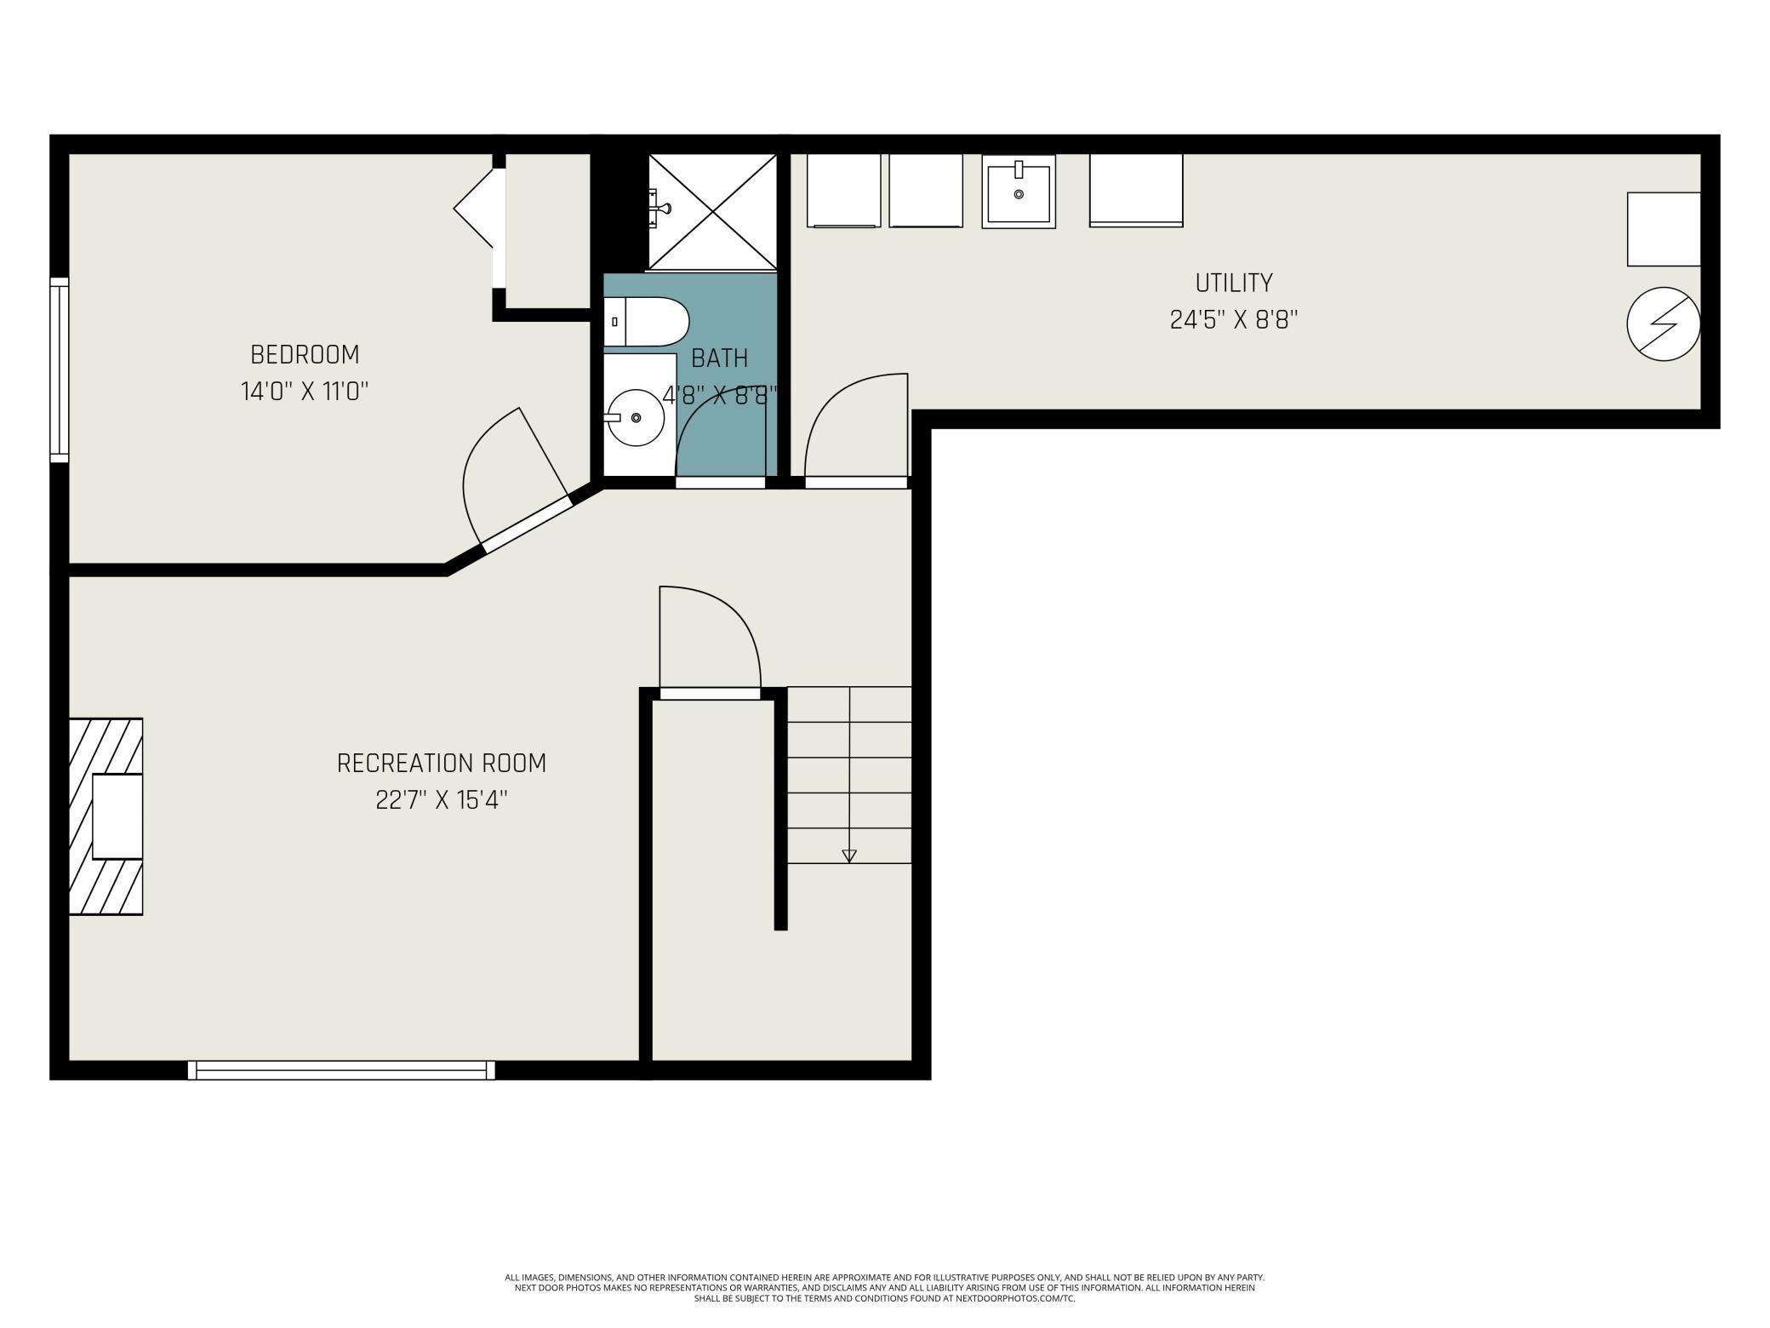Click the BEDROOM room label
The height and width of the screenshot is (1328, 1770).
(x=305, y=354)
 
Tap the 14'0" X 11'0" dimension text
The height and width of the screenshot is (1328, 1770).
(x=305, y=392)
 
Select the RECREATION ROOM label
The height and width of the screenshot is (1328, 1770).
(x=441, y=763)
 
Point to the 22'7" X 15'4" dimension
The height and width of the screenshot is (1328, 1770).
(x=441, y=800)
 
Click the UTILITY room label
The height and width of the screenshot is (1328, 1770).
(x=1233, y=283)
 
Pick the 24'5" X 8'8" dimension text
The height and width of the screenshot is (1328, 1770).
(x=1233, y=320)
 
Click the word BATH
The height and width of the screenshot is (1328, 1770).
(x=719, y=358)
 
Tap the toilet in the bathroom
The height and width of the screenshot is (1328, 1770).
(x=647, y=322)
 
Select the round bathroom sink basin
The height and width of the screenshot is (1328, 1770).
(x=636, y=417)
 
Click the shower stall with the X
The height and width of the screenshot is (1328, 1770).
(x=713, y=211)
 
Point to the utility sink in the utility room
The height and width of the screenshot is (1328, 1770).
(x=1019, y=192)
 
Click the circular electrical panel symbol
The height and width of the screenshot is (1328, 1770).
(x=1663, y=324)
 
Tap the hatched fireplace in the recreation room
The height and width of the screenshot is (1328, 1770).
(x=106, y=816)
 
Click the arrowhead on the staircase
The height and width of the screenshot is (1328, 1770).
(x=848, y=856)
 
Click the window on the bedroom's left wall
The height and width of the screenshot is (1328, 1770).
(x=59, y=369)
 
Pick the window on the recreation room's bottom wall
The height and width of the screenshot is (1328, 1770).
(x=340, y=1070)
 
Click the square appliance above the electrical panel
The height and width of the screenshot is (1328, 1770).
(x=1663, y=229)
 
